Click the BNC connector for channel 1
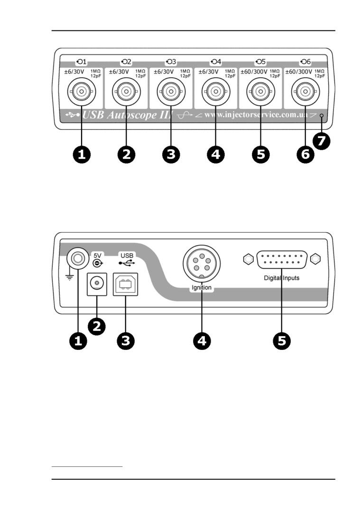(x=82, y=91)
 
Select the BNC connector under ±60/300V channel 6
(x=304, y=91)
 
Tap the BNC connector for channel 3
(x=171, y=91)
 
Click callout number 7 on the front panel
(x=323, y=141)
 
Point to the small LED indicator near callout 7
(x=322, y=116)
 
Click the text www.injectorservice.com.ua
(x=256, y=115)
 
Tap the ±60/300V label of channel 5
(x=254, y=72)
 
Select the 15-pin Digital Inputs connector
(x=282, y=260)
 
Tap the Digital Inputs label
(x=282, y=278)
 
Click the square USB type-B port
(x=125, y=284)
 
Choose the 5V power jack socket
(x=97, y=284)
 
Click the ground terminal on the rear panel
(x=77, y=258)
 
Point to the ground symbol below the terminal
(x=70, y=276)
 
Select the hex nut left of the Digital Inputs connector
(x=247, y=259)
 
